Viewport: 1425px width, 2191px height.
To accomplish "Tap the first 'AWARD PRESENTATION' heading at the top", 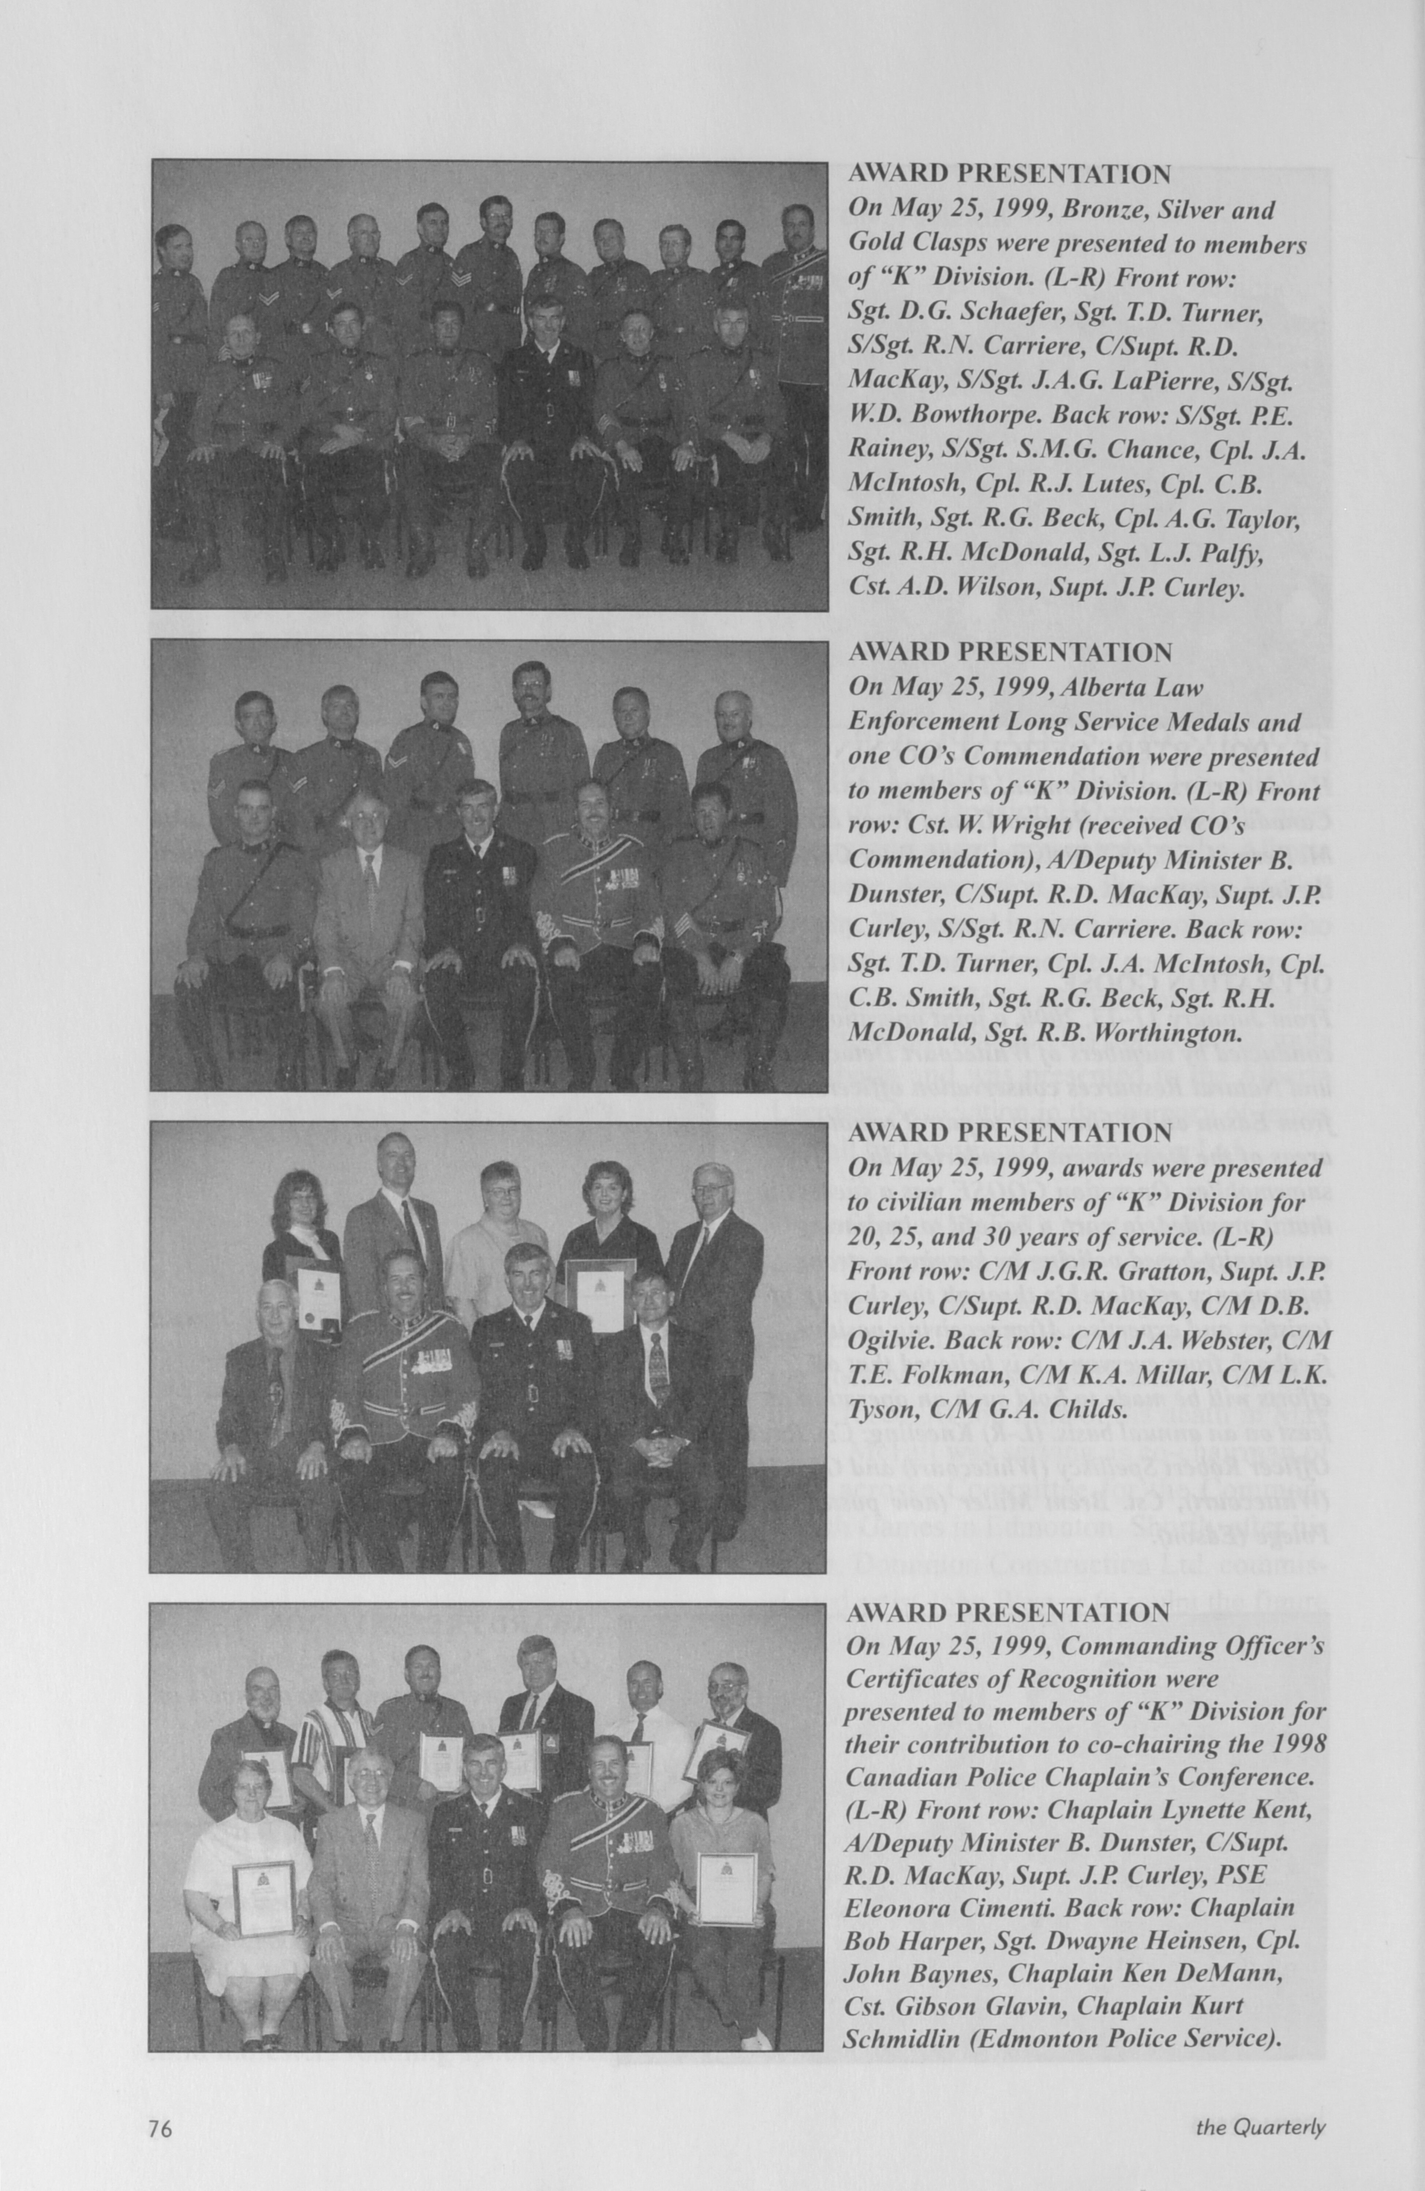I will point(1009,173).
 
